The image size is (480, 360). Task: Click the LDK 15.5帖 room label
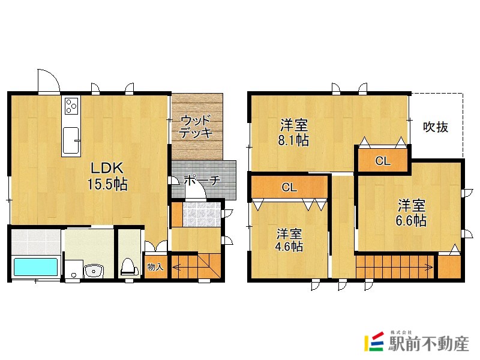click(109, 175)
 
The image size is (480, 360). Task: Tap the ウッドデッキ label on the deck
click(197, 126)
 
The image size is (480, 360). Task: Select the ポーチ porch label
click(202, 180)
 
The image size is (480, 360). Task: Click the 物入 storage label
click(155, 267)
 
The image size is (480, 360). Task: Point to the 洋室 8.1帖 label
click(294, 133)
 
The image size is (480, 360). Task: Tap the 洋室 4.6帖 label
click(289, 240)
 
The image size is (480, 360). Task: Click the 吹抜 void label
click(436, 127)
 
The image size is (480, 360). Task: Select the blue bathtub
click(35, 266)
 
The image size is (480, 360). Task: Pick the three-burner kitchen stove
click(71, 106)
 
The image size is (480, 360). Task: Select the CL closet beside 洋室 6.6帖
click(382, 161)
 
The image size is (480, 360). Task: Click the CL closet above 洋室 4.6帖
click(289, 187)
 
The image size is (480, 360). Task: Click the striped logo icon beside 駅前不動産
click(374, 342)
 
